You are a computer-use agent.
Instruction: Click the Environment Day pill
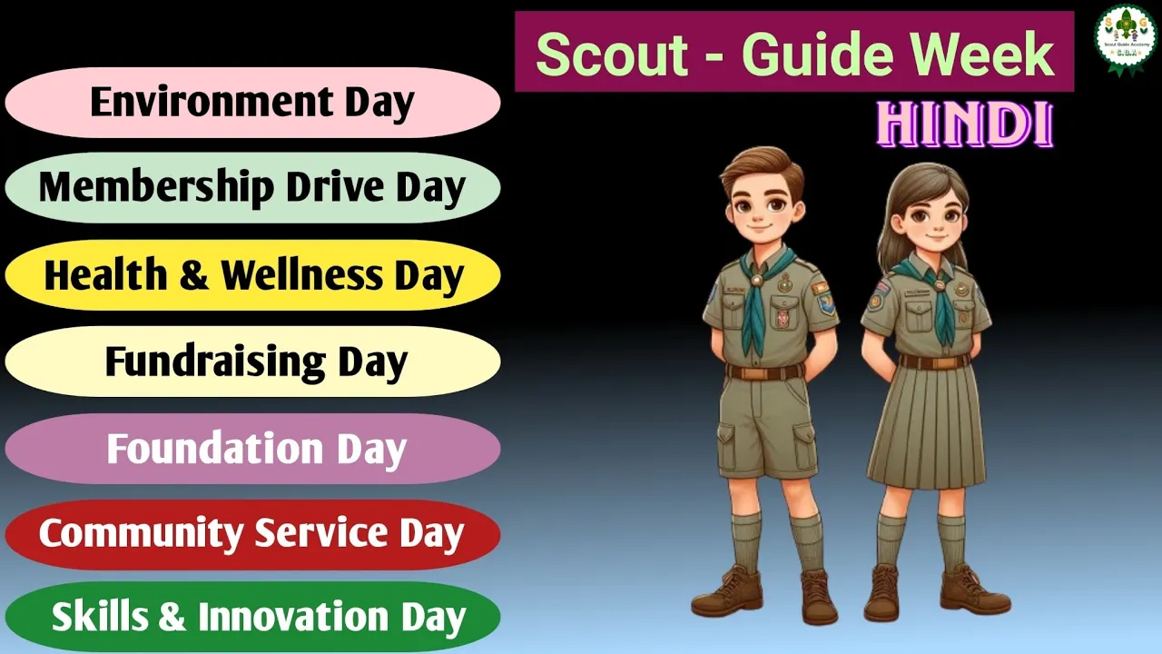252,103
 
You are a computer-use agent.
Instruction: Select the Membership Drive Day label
252,187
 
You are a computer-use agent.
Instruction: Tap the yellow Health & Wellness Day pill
252,275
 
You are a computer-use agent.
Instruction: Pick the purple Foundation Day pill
252,449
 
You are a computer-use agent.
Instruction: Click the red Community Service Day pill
252,535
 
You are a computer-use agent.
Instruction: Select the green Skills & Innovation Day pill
252,617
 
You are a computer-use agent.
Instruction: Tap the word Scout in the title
612,54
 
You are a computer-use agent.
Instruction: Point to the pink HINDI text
965,124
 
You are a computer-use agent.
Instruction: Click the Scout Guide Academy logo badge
1125,39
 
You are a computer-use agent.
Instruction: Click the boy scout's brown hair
762,167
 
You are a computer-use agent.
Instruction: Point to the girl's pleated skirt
927,427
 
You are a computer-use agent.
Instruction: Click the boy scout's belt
765,372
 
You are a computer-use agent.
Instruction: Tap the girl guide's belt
934,362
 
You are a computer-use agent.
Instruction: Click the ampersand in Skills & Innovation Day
172,617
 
